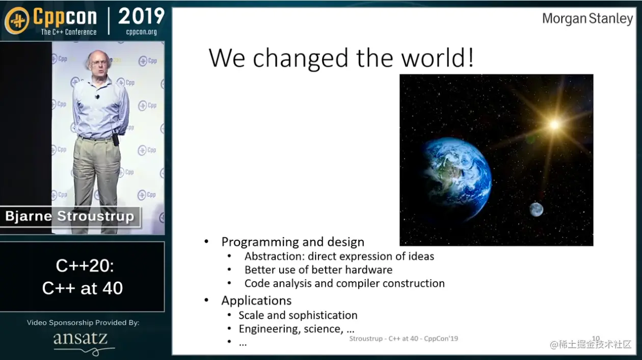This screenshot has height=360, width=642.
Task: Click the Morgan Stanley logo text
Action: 587,19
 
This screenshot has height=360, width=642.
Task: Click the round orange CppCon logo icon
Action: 17,20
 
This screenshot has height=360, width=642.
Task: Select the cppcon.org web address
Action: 141,32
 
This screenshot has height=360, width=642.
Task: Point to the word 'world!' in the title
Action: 437,58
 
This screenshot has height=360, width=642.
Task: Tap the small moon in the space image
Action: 536,209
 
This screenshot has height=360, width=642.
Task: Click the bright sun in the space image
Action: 554,125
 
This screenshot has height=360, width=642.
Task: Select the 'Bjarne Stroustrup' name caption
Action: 70,216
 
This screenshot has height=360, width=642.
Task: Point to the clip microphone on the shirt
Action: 97,97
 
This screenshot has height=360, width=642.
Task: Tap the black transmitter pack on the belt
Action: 116,140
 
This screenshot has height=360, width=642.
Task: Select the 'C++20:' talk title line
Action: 85,266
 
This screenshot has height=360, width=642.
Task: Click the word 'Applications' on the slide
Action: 256,301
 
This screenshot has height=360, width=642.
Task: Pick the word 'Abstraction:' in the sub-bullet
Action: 274,256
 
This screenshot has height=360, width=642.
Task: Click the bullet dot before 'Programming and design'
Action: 206,242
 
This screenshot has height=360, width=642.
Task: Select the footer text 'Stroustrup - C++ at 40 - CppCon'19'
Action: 404,339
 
